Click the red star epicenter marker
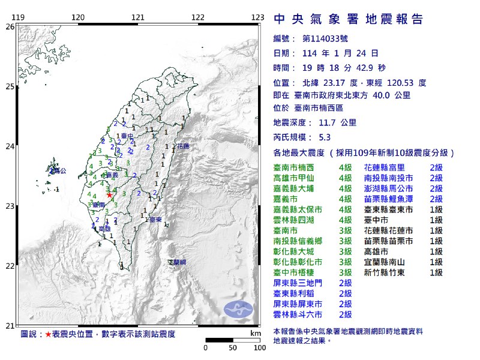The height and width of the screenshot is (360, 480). [x=109, y=194]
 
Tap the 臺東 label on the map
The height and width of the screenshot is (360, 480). [x=156, y=220]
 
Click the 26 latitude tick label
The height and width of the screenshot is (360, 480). [x=9, y=27]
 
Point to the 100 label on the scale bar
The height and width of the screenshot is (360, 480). [x=260, y=347]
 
